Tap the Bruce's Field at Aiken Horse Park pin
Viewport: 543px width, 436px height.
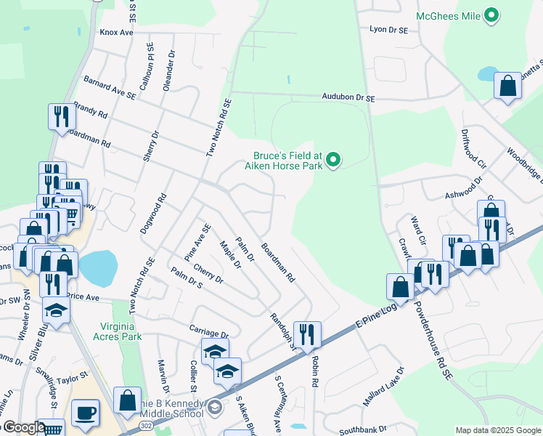pyautogui.click(x=333, y=159)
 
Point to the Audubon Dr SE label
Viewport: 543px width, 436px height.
pyautogui.click(x=348, y=97)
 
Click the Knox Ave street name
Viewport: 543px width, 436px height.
pyautogui.click(x=117, y=33)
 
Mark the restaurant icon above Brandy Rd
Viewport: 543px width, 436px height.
pyautogui.click(x=59, y=116)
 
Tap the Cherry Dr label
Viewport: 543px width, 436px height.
pyautogui.click(x=208, y=280)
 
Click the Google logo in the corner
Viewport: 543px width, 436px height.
pyautogui.click(x=23, y=428)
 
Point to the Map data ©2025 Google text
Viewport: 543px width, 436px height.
pyautogui.click(x=497, y=430)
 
